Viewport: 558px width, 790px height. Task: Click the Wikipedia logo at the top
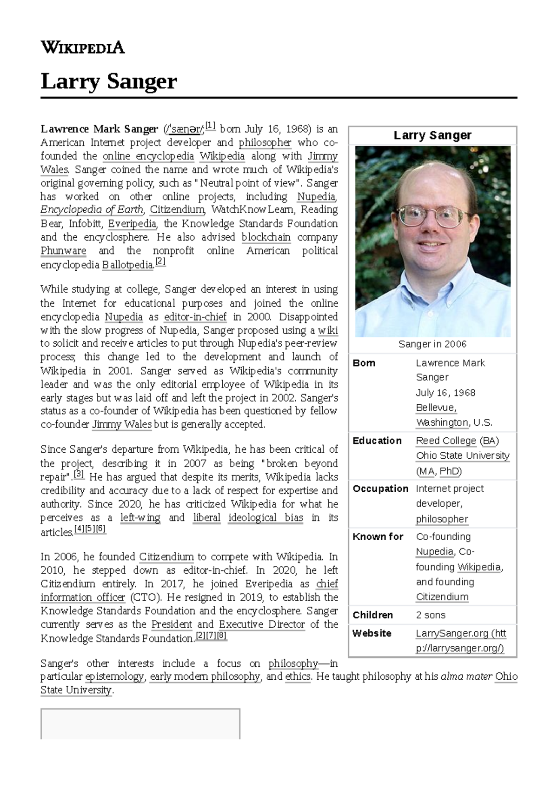(x=83, y=47)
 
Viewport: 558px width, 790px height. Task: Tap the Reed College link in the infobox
(x=445, y=441)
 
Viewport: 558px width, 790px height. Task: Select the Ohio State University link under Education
(x=462, y=455)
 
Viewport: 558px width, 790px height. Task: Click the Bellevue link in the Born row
(x=436, y=408)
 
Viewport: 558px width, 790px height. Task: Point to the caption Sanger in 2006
(x=432, y=344)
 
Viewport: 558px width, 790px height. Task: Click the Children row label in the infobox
(x=372, y=615)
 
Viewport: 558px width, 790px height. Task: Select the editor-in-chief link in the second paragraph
(x=195, y=317)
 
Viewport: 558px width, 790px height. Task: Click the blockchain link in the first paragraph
(x=266, y=237)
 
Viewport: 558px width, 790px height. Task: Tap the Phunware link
(x=63, y=251)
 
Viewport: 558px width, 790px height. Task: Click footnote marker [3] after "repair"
(x=79, y=475)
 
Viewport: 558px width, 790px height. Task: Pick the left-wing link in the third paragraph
(x=140, y=518)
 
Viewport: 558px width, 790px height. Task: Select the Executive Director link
(x=262, y=624)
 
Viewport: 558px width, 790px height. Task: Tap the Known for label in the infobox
(x=378, y=537)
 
